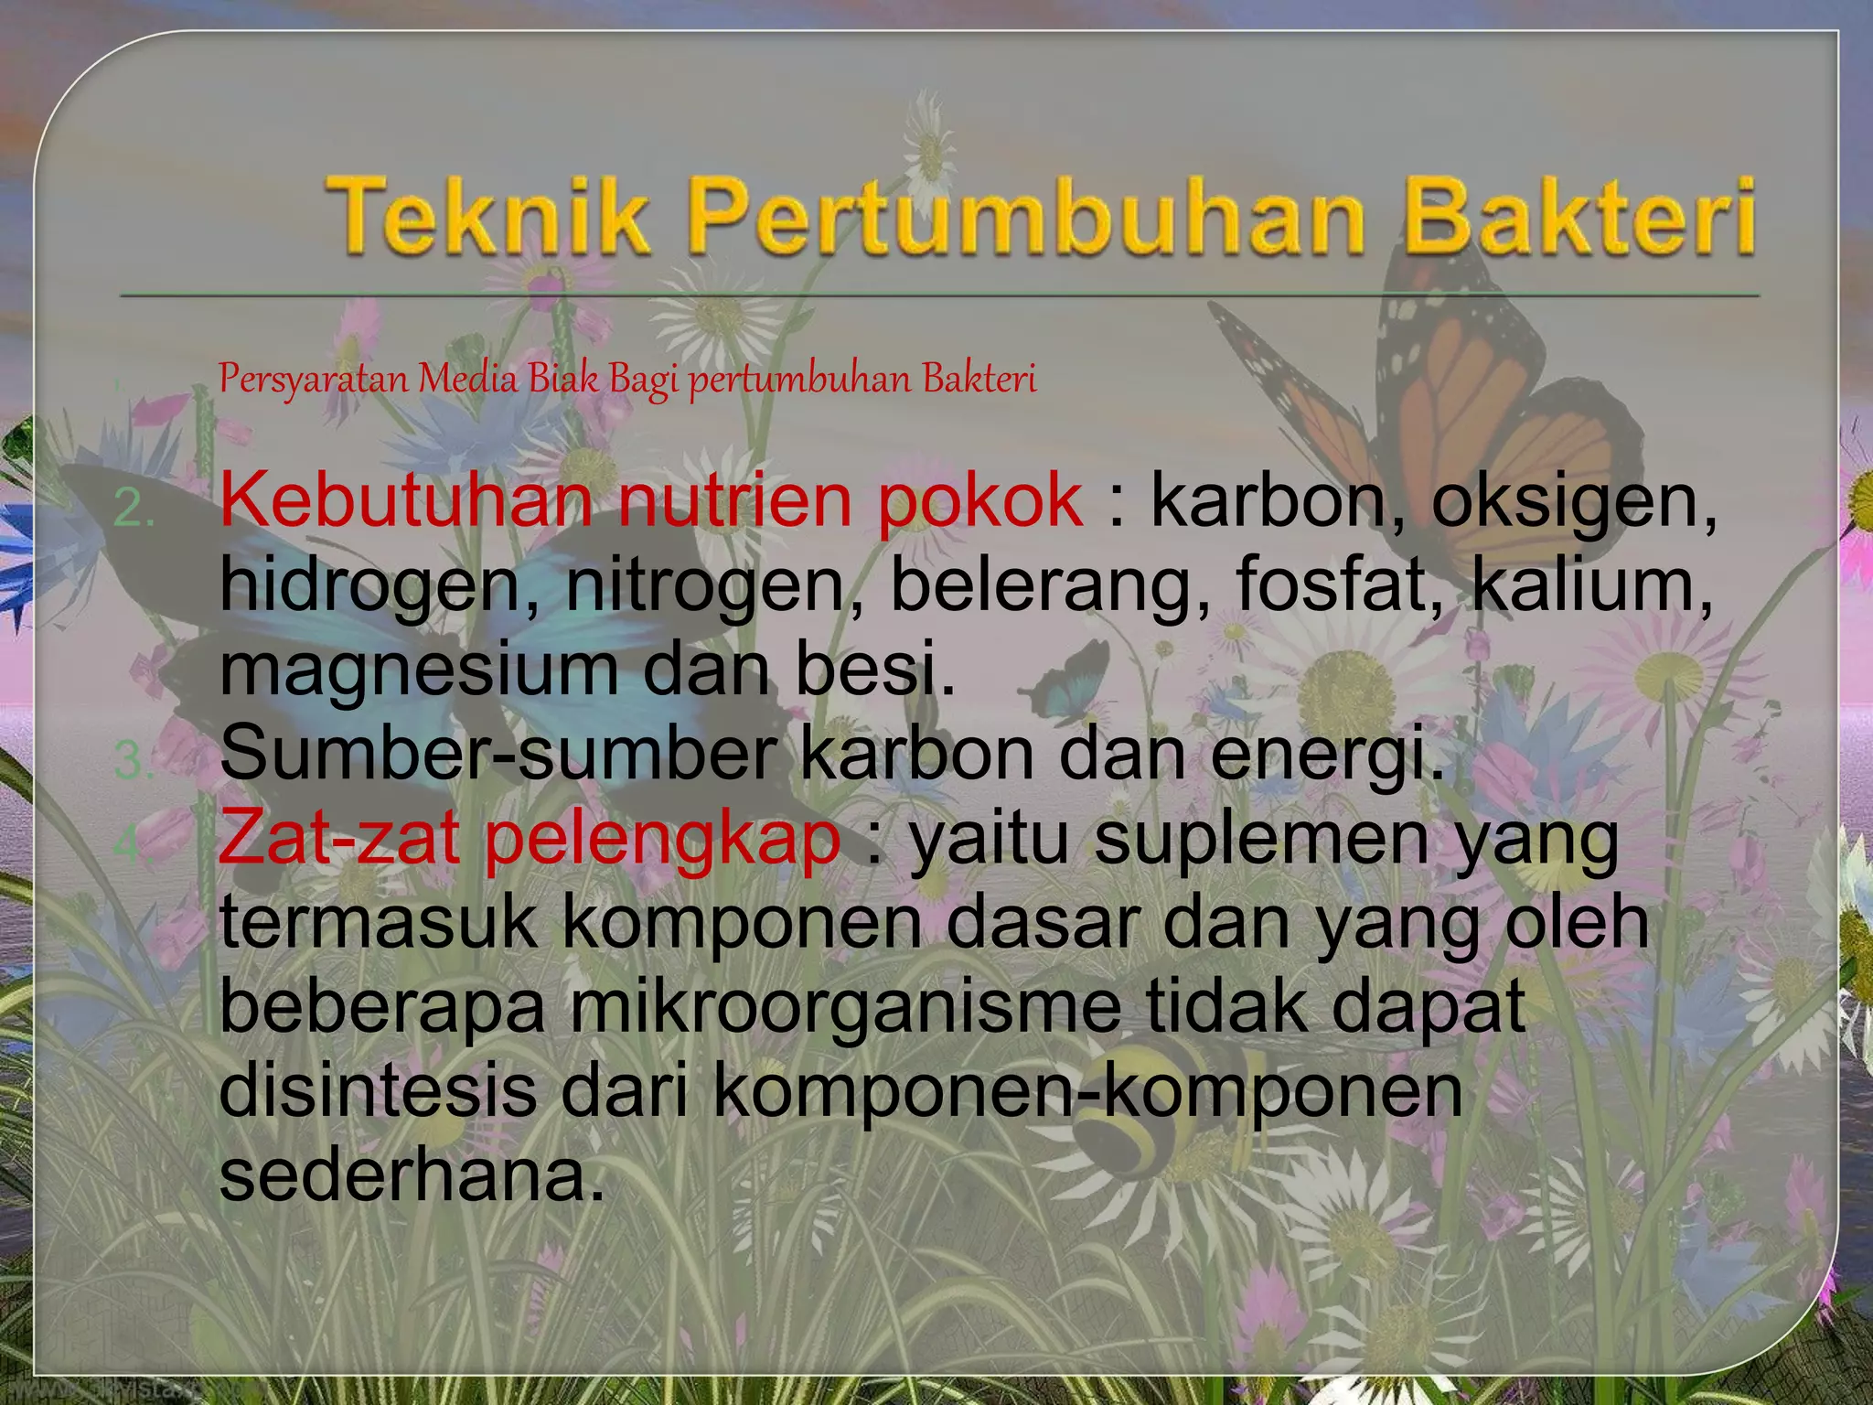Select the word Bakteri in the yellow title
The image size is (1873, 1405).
[1579, 216]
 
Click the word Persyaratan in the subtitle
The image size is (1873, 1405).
[313, 379]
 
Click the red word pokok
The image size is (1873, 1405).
[979, 500]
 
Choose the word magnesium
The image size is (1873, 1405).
[419, 670]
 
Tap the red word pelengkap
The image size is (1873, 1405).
[662, 840]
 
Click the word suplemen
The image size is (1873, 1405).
[1262, 840]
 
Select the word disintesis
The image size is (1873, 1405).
[378, 1089]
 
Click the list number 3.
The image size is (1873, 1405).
[134, 763]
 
